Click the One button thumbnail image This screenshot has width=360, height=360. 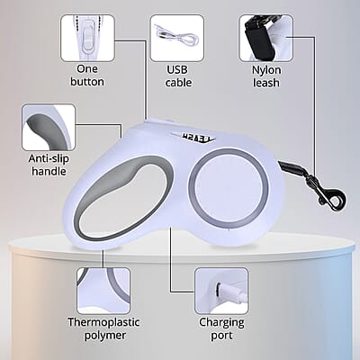87,38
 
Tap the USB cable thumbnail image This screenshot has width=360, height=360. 177,38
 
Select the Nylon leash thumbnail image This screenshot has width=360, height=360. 266,38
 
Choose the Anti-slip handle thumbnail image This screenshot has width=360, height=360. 49,127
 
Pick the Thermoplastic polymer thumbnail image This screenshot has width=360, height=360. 103,291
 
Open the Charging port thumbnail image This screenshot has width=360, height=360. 221,291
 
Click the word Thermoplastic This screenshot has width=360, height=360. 103,322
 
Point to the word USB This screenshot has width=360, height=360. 177,69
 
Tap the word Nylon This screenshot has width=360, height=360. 266,70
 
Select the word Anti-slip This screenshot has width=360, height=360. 49,158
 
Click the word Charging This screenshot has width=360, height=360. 221,323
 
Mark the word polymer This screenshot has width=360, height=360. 105,336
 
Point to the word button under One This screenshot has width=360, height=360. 87,82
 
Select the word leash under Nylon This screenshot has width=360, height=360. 266,83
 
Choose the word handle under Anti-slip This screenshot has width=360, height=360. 49,171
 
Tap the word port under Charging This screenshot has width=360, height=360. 221,336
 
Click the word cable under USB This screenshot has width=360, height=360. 178,82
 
